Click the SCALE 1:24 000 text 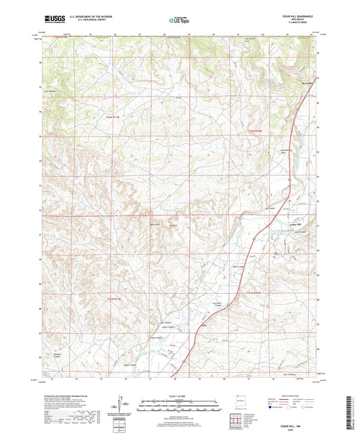pos(180,396)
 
